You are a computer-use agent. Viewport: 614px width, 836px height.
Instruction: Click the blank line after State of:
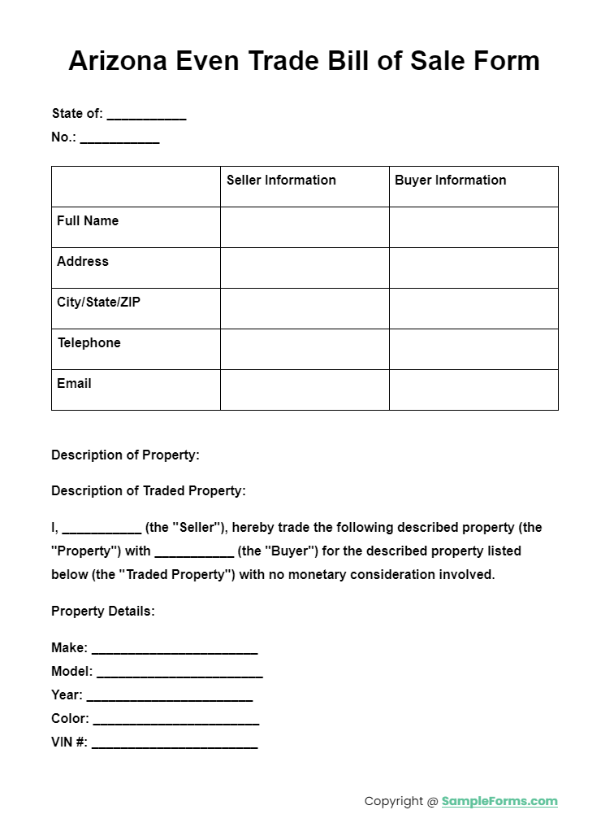click(146, 115)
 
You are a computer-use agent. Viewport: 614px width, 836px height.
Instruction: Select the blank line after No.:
click(119, 139)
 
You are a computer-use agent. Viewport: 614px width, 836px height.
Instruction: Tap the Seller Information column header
click(281, 181)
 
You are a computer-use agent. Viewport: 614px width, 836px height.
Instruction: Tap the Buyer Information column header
click(450, 181)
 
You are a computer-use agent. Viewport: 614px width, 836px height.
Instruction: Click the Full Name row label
click(88, 221)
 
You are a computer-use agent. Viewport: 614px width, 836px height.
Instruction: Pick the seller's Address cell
click(305, 268)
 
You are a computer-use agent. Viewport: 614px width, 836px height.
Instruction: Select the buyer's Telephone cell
click(473, 349)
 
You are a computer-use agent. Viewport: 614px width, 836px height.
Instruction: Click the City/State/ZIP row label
click(98, 303)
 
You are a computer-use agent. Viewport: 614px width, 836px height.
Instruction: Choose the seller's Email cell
click(305, 390)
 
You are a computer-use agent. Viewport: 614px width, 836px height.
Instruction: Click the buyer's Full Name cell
click(473, 227)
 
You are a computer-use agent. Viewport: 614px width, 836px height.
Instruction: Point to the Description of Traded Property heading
click(148, 491)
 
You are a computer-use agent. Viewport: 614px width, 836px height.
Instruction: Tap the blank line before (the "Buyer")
click(194, 553)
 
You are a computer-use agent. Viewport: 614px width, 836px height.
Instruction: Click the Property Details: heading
click(102, 612)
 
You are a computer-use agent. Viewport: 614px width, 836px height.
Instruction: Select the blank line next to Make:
click(175, 650)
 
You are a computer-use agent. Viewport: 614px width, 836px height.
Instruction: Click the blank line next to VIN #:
click(175, 744)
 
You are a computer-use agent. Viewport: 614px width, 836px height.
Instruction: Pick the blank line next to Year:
click(169, 697)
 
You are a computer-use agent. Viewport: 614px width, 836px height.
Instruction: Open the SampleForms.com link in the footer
click(499, 801)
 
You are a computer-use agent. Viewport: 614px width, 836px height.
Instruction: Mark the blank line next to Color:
click(176, 721)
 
